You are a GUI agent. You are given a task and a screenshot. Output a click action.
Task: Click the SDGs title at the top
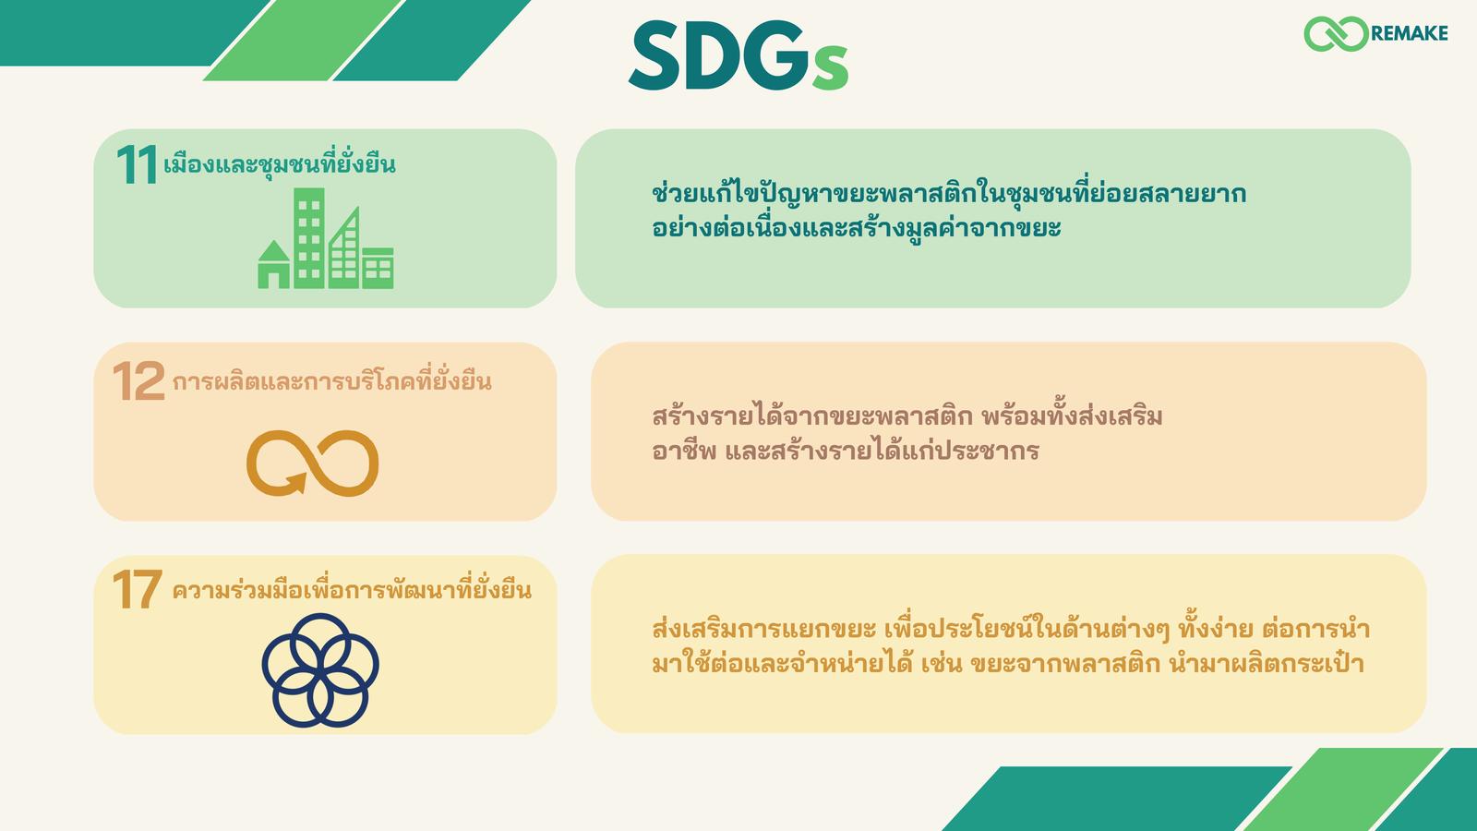pyautogui.click(x=738, y=55)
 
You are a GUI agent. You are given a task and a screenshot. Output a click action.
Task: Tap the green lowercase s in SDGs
pyautogui.click(x=830, y=68)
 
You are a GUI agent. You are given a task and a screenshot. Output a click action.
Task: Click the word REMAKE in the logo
pyautogui.click(x=1409, y=33)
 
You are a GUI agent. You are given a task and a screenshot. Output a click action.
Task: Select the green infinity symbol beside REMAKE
pyautogui.click(x=1337, y=33)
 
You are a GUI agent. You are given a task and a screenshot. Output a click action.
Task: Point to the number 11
pyautogui.click(x=138, y=164)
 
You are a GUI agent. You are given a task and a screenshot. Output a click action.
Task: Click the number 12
pyautogui.click(x=138, y=381)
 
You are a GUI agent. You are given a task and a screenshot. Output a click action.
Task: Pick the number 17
pyautogui.click(x=138, y=590)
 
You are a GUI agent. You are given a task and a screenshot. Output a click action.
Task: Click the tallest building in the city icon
pyautogui.click(x=308, y=238)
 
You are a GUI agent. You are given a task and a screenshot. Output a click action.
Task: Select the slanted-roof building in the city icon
pyautogui.click(x=344, y=248)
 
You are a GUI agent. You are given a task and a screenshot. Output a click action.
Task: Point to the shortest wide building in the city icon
pyautogui.click(x=378, y=269)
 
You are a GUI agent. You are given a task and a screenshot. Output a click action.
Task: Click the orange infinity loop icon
pyautogui.click(x=313, y=463)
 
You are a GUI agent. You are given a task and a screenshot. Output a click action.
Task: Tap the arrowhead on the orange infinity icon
pyautogui.click(x=295, y=484)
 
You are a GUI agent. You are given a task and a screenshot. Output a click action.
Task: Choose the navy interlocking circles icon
pyautogui.click(x=320, y=670)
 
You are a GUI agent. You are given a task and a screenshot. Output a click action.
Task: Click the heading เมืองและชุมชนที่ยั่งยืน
pyautogui.click(x=280, y=163)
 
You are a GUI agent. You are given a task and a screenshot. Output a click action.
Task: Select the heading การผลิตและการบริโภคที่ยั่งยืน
pyautogui.click(x=331, y=381)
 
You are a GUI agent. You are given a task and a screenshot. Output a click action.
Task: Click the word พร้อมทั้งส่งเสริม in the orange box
pyautogui.click(x=1072, y=416)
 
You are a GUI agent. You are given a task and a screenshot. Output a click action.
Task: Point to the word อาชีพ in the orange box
pyautogui.click(x=684, y=452)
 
